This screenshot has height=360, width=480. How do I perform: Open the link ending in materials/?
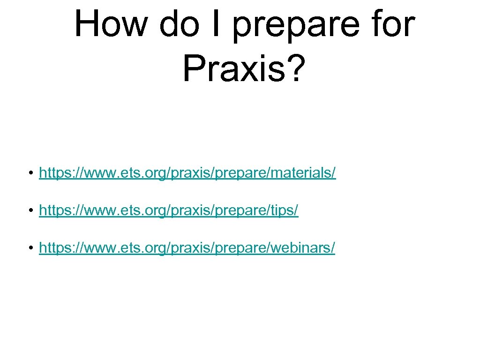(x=187, y=174)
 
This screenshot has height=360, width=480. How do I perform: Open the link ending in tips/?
(x=169, y=211)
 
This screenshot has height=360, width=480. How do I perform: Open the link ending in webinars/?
(x=187, y=248)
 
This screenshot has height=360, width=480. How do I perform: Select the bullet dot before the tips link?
(x=30, y=211)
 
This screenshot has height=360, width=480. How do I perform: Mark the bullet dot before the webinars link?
(x=30, y=248)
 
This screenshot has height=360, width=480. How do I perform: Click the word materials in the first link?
(x=307, y=174)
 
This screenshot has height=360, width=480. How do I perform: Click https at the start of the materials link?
(x=53, y=174)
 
